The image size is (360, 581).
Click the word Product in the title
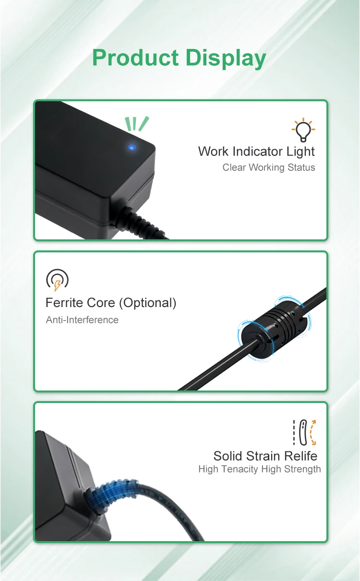tap(135, 58)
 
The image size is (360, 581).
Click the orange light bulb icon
tap(303, 130)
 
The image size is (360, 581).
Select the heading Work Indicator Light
tap(256, 152)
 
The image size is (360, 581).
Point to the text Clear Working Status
tap(269, 167)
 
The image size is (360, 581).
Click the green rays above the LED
tap(136, 124)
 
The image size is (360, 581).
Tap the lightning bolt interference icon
tap(57, 280)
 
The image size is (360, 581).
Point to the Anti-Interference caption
tap(82, 320)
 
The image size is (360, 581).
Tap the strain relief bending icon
tap(304, 432)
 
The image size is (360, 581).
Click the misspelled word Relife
tap(298, 456)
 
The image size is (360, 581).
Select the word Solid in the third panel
tap(228, 456)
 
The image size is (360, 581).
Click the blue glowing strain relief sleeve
tap(105, 494)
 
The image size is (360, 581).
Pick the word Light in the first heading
tap(301, 152)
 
